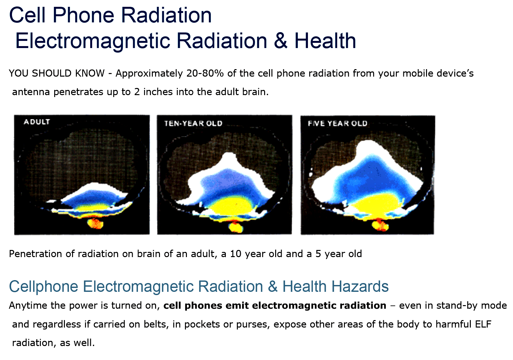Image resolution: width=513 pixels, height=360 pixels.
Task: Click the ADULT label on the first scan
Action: [37, 122]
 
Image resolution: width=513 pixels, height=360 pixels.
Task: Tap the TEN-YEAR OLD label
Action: [193, 123]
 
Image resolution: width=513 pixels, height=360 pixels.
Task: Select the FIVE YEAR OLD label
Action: [337, 123]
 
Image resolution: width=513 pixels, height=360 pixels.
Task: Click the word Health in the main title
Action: [325, 41]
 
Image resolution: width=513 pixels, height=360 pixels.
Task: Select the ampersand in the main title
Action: [280, 41]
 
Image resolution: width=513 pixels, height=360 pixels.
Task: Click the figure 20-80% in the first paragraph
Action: [205, 73]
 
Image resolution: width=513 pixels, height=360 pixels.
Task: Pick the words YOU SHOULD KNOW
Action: [57, 73]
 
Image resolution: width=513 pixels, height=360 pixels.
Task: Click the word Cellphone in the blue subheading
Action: [43, 287]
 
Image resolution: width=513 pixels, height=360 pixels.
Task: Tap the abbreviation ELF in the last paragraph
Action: [483, 324]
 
